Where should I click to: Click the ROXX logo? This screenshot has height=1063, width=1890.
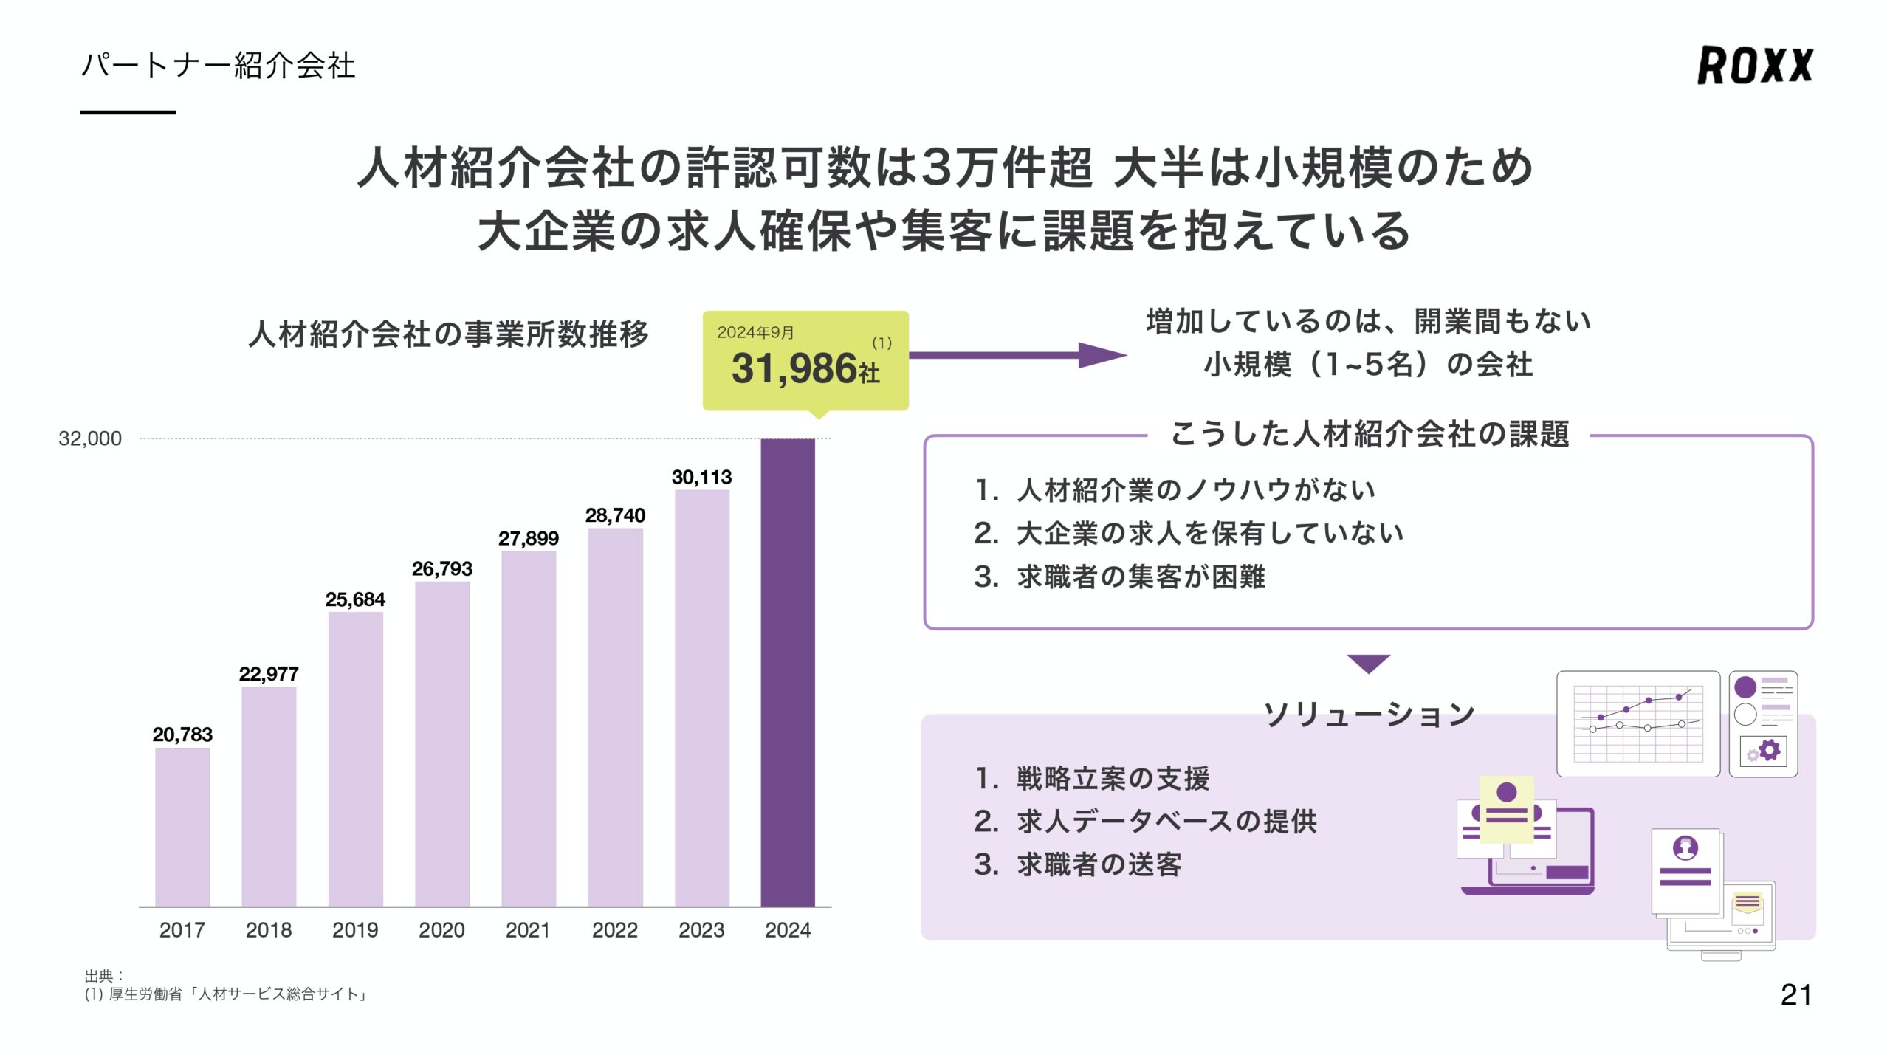click(1754, 65)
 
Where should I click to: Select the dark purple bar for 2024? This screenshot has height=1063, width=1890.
click(788, 672)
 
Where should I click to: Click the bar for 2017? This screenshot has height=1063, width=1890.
click(182, 827)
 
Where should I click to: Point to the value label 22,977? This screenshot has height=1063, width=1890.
click(269, 673)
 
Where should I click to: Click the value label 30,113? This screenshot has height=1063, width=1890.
click(701, 477)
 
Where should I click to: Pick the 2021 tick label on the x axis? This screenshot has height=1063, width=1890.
click(528, 929)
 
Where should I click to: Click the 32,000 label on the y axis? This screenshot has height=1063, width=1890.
click(90, 438)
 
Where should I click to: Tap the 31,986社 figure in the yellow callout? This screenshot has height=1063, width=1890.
click(805, 368)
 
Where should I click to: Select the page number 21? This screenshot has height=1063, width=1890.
click(1795, 995)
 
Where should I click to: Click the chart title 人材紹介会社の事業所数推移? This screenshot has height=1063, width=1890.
click(448, 334)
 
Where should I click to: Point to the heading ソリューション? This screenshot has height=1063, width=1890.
click(1369, 714)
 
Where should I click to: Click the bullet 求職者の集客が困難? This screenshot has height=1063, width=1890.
click(1141, 577)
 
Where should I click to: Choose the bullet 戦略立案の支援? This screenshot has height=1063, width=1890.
click(1113, 778)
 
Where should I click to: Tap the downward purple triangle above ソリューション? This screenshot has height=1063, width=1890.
click(1368, 662)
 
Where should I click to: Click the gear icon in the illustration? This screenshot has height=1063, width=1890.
click(1769, 751)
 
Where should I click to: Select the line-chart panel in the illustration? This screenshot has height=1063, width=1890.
click(1638, 723)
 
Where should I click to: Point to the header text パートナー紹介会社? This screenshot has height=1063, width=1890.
click(219, 65)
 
